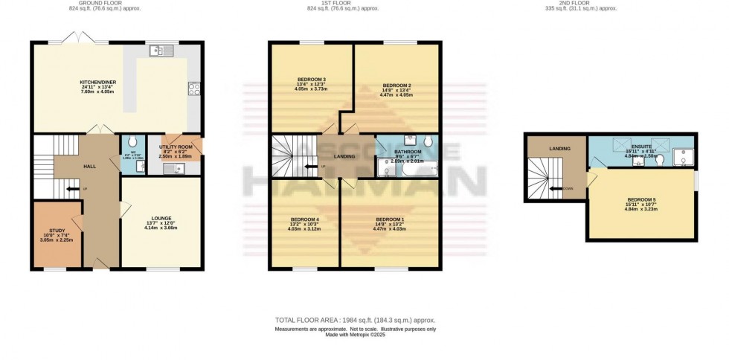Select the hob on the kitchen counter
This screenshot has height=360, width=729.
[x=195, y=88]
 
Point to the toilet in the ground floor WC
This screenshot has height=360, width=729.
[x=133, y=142]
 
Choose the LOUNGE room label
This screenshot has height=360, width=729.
[x=161, y=218]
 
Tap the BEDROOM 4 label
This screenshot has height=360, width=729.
[x=305, y=219]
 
